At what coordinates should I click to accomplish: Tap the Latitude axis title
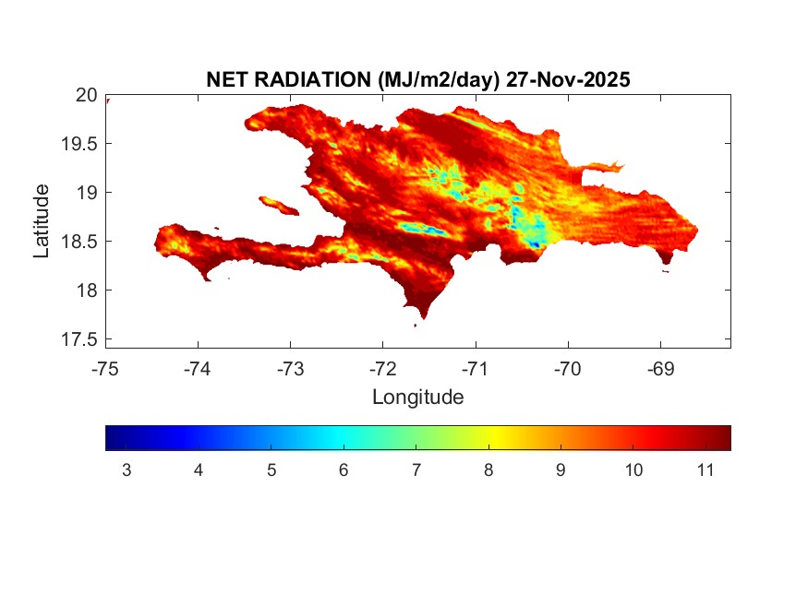(x=42, y=220)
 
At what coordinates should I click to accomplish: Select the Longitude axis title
(x=417, y=397)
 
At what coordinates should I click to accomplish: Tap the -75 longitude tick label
(x=105, y=369)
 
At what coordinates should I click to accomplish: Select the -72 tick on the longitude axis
(x=382, y=369)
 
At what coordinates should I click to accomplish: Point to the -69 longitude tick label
(x=660, y=369)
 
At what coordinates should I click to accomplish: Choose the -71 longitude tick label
(x=475, y=369)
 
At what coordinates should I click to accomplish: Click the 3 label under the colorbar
(x=127, y=471)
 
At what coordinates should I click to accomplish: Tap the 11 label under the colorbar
(x=705, y=471)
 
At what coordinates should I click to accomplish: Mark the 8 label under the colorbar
(x=488, y=471)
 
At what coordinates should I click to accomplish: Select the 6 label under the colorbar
(x=344, y=471)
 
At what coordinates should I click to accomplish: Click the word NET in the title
(x=226, y=80)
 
